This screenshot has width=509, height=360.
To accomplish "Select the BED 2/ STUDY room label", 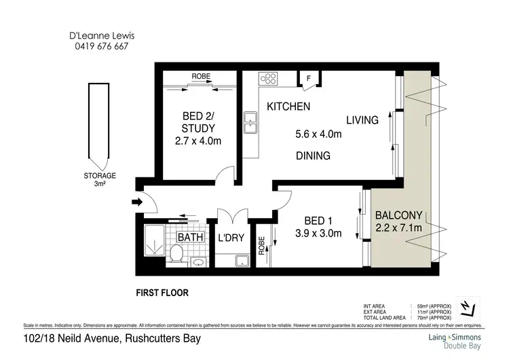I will (x=198, y=128).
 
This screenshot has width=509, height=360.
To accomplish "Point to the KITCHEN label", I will (x=288, y=107).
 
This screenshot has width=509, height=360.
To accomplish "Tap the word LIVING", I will (x=362, y=120).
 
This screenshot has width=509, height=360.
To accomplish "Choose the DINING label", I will (x=313, y=156).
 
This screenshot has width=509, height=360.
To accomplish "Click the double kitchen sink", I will (x=250, y=121).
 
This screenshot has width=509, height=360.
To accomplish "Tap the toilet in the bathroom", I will (x=176, y=255).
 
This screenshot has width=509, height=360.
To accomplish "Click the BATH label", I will (x=190, y=237).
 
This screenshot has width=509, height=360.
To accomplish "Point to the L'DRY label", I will (x=230, y=238).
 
